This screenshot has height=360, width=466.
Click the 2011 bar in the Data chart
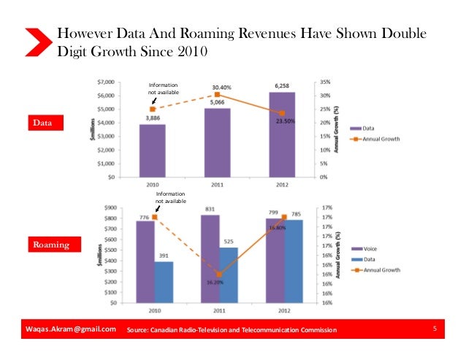click(x=217, y=142)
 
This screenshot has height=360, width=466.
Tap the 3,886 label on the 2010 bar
click(x=152, y=118)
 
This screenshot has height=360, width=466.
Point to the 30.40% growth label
click(x=223, y=87)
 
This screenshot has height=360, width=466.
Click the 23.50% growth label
click(x=285, y=122)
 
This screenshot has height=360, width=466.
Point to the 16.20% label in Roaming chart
click(x=214, y=281)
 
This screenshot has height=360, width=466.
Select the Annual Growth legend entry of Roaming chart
click(x=380, y=270)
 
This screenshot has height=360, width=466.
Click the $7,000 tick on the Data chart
click(x=112, y=82)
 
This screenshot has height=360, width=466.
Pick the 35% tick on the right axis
click(x=326, y=82)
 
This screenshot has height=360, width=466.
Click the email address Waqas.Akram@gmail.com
click(x=66, y=329)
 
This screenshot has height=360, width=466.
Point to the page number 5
click(x=435, y=329)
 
